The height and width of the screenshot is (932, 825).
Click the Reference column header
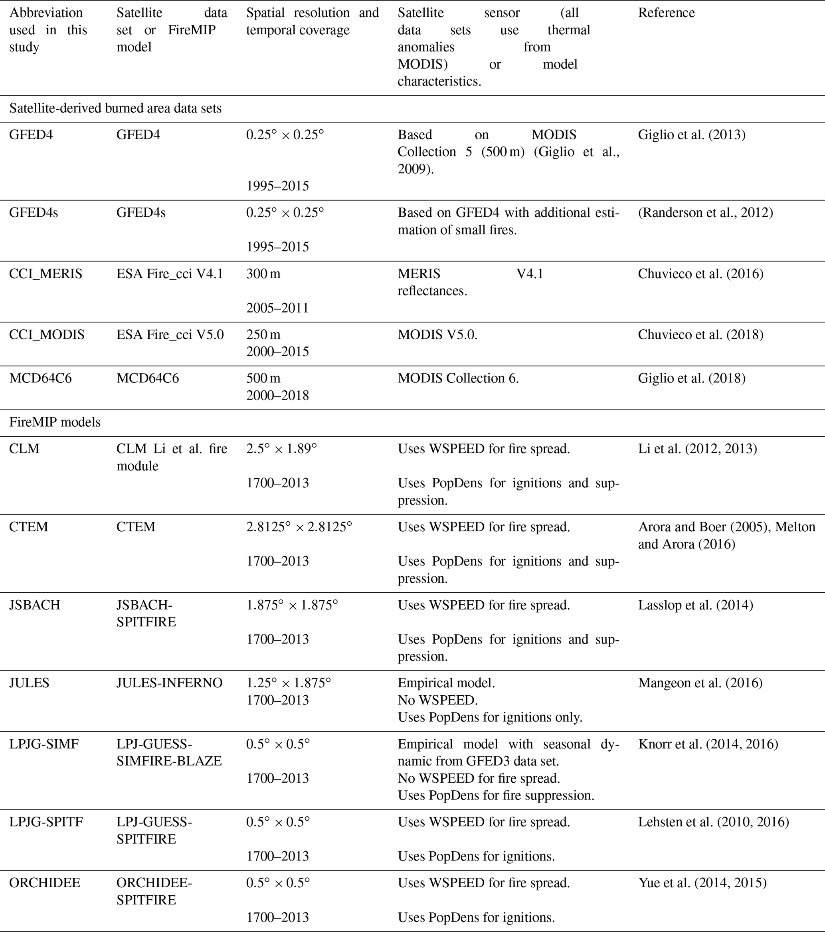[666, 13]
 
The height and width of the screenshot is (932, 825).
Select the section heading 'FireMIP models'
[55, 422]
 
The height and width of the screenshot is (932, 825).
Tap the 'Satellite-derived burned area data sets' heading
[115, 108]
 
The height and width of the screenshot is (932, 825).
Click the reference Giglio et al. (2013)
[691, 135]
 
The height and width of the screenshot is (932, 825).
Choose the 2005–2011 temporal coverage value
[277, 308]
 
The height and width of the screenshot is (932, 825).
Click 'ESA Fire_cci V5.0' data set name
[170, 334]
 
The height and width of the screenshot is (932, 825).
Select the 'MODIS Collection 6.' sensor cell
[458, 378]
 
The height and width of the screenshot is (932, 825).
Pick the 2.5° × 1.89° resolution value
[281, 449]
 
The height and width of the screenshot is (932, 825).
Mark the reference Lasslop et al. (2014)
[695, 605]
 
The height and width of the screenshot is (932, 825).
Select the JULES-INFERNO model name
[169, 683]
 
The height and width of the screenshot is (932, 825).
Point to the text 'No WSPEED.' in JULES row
[437, 700]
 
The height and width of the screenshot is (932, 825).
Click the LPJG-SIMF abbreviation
[44, 744]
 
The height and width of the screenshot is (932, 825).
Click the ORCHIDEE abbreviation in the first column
[45, 883]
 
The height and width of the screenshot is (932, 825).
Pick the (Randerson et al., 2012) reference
[705, 212]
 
